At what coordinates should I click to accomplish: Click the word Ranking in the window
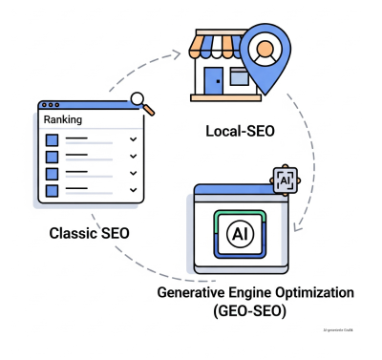pos(64,120)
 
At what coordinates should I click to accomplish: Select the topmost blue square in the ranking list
pos(53,139)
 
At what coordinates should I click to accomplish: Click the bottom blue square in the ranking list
pos(53,190)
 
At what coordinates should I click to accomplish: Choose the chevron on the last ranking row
pos(133,190)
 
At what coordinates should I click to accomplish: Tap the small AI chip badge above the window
pos(285,179)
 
